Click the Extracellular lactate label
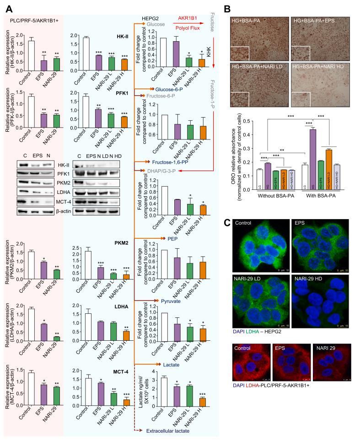(172, 431)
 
